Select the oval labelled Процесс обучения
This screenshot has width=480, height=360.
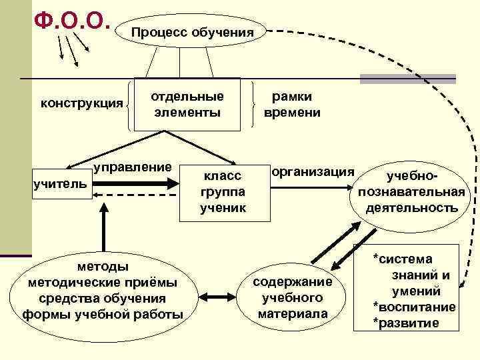tap(192, 32)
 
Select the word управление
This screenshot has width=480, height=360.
tap(133, 166)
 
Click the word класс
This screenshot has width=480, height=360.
tap(222, 177)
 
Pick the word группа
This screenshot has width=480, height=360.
tap(222, 192)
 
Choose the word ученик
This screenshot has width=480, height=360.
tap(222, 207)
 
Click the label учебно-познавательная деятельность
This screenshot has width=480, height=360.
tap(411, 192)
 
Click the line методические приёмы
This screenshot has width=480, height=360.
tap(103, 282)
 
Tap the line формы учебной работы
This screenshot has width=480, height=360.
tap(103, 313)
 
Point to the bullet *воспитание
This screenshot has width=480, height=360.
tap(415, 307)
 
